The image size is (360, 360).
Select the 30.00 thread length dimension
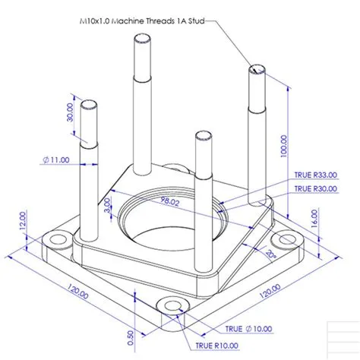tap(71, 114)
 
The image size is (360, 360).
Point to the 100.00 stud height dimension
tap(283, 144)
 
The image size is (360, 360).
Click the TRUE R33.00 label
tap(314, 175)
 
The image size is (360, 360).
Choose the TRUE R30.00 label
tap(314, 188)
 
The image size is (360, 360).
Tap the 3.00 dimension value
tap(108, 205)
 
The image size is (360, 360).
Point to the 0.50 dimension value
tap(131, 334)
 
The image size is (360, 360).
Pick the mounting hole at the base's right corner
tap(287, 240)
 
